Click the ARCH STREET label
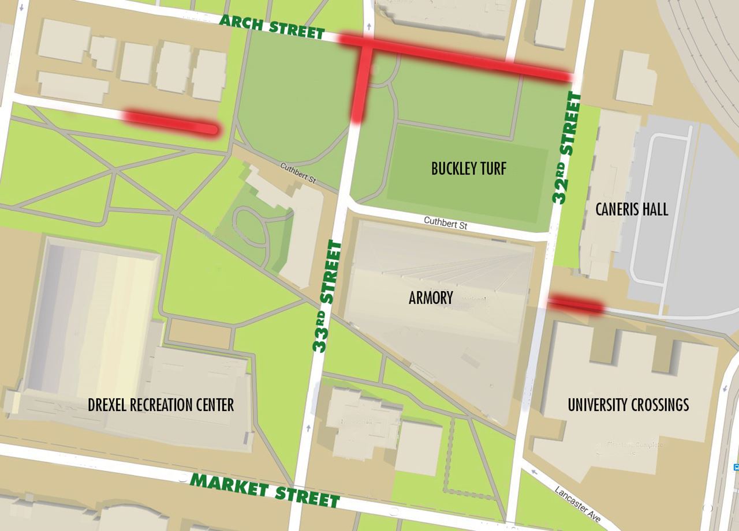[272, 27]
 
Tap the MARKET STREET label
[265, 489]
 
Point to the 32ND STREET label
[567, 148]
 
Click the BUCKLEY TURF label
[468, 168]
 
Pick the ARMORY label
[431, 297]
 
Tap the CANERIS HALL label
[632, 209]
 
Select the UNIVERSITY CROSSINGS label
[628, 405]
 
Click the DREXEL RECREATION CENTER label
[161, 405]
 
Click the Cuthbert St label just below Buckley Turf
[445, 223]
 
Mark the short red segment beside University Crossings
[576, 304]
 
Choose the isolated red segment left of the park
[170, 123]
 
